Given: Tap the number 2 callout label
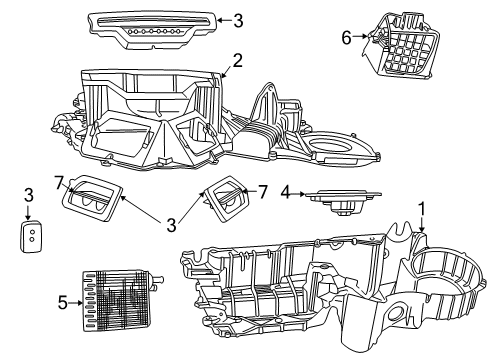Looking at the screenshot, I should tap(237, 60).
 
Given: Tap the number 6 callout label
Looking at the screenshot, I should tap(346, 37).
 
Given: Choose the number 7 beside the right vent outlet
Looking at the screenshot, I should tap(263, 191).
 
